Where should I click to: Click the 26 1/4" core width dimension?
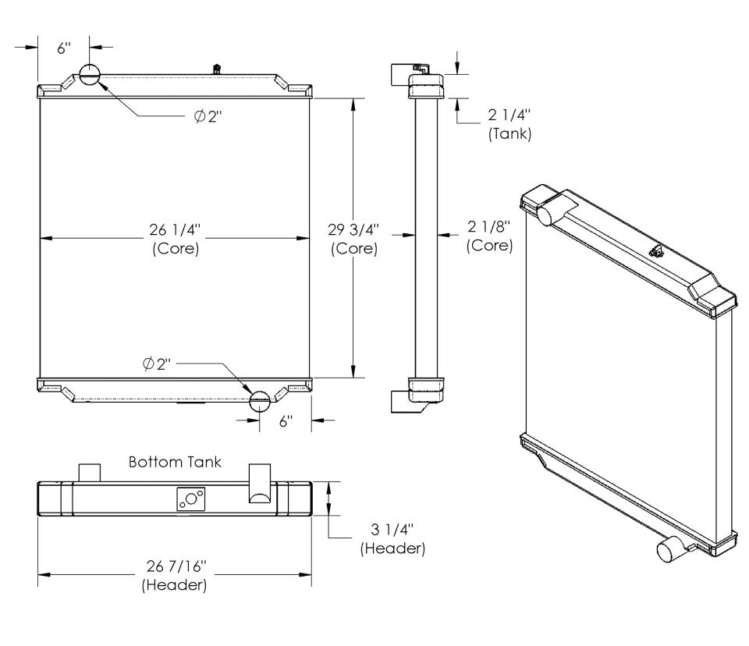point(175,230)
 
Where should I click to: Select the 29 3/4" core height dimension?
point(353,230)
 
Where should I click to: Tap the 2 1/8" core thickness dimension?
point(489,226)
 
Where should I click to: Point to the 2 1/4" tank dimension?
point(509,115)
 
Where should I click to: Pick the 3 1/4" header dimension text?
point(392,530)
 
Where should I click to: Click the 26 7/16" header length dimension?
point(176,566)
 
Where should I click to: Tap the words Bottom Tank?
point(175,462)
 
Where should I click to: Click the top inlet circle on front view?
point(89,74)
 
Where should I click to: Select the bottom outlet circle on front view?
point(260,401)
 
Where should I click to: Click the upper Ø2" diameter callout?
point(208,116)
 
